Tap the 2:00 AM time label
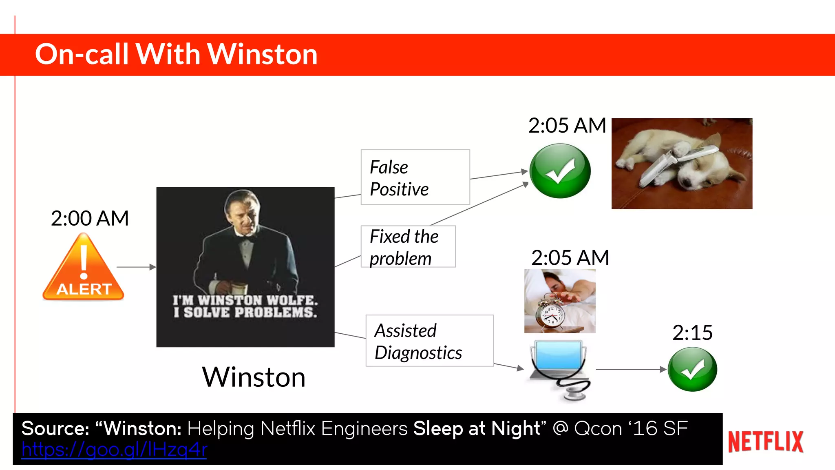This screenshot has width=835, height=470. pyautogui.click(x=90, y=218)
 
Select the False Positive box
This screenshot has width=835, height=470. pyautogui.click(x=415, y=177)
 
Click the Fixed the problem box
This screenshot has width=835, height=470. pyautogui.click(x=408, y=247)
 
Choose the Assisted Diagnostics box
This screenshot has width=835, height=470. pyautogui.click(x=429, y=341)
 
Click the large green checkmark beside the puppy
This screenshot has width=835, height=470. pyautogui.click(x=560, y=171)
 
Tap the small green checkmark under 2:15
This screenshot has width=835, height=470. pyautogui.click(x=692, y=369)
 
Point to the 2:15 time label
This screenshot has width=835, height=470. pyautogui.click(x=692, y=333)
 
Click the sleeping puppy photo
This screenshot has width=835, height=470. pyautogui.click(x=682, y=164)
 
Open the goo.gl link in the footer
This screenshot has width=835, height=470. pyautogui.click(x=114, y=450)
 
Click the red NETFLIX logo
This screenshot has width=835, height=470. pyautogui.click(x=766, y=442)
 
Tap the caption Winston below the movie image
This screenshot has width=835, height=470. pyautogui.click(x=254, y=377)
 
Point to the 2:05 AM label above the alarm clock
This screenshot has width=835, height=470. pyautogui.click(x=570, y=258)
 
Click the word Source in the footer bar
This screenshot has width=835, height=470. pyautogui.click(x=55, y=428)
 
